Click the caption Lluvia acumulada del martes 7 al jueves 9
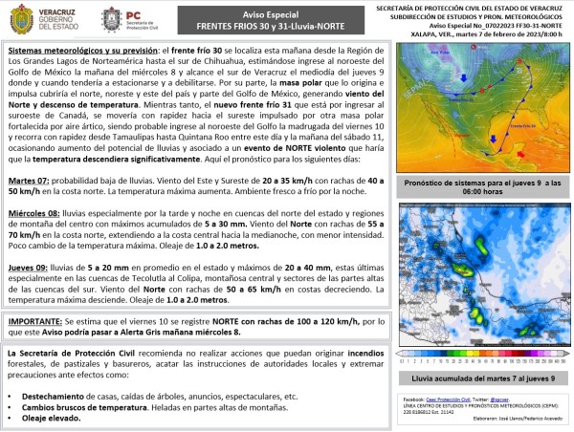click(x=482, y=379)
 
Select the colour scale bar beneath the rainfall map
click(x=482, y=361)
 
